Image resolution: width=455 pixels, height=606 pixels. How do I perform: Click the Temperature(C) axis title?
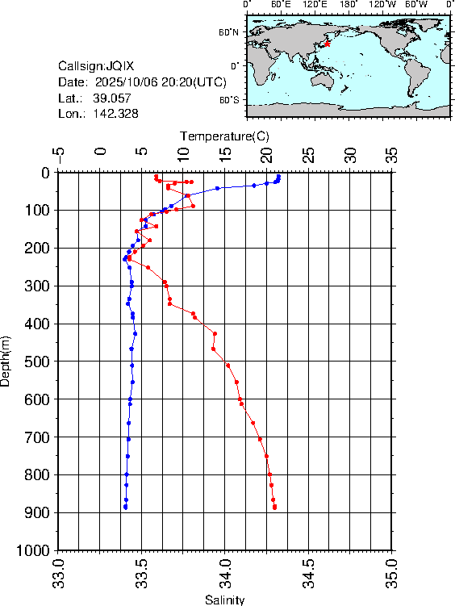tap(224, 135)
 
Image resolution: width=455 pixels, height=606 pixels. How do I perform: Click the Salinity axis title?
tap(224, 600)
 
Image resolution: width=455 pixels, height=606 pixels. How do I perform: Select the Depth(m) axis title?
tap(6, 361)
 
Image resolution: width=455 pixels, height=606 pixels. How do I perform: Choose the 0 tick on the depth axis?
tap(47, 173)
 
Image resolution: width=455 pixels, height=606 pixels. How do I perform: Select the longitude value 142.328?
tap(116, 114)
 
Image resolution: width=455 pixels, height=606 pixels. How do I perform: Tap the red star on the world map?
tap(328, 44)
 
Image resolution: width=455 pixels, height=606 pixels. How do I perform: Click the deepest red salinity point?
tap(275, 508)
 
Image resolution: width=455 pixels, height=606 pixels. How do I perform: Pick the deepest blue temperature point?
tap(125, 508)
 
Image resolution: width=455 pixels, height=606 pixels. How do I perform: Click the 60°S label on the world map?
tap(228, 99)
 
